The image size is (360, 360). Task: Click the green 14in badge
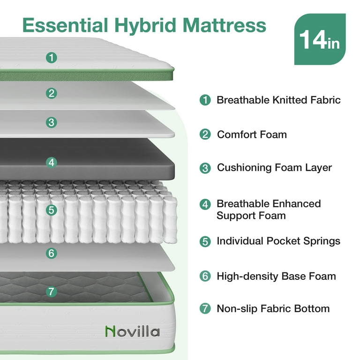pos(320,39)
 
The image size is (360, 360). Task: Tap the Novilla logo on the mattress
pos(132,331)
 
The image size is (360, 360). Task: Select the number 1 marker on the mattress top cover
pos(52,58)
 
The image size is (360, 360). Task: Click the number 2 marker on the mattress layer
pos(52,93)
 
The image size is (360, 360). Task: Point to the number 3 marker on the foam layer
pos(52,122)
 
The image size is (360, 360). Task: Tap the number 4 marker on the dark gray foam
pos(52,163)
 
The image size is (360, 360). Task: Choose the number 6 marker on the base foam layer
pos(52,254)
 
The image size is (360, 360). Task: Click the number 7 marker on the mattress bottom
pos(52,291)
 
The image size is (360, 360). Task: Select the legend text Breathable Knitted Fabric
pos(278,100)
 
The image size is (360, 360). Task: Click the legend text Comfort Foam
pos(252,135)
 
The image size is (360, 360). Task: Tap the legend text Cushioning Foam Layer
pos(274,167)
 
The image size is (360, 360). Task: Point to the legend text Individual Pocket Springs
pos(278,241)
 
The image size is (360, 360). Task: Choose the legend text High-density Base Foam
pos(276,276)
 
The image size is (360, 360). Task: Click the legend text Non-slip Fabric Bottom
pos(273,308)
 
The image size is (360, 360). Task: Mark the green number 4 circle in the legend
pos(205,204)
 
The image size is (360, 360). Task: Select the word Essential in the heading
pos(65,25)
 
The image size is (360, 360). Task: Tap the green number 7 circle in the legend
pos(205,309)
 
